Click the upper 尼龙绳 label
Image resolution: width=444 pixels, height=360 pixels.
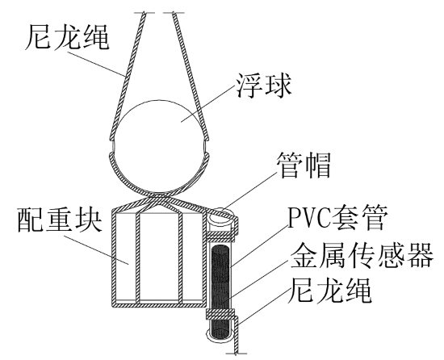click(x=67, y=38)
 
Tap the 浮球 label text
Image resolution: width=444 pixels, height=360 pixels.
click(x=264, y=86)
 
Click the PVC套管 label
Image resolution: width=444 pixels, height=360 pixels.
click(x=337, y=219)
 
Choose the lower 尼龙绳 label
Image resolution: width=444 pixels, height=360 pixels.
click(x=329, y=291)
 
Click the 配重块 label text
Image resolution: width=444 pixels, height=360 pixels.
click(x=60, y=220)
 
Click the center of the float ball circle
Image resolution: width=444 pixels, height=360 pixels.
click(x=159, y=146)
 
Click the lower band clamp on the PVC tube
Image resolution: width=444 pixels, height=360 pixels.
click(x=220, y=313)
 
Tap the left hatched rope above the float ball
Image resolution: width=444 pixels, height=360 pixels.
click(x=128, y=76)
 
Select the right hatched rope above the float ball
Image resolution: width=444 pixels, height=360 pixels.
click(x=191, y=76)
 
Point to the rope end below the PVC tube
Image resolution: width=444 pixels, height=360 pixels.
click(x=237, y=353)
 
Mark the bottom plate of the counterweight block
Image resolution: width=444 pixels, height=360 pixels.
click(x=158, y=304)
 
